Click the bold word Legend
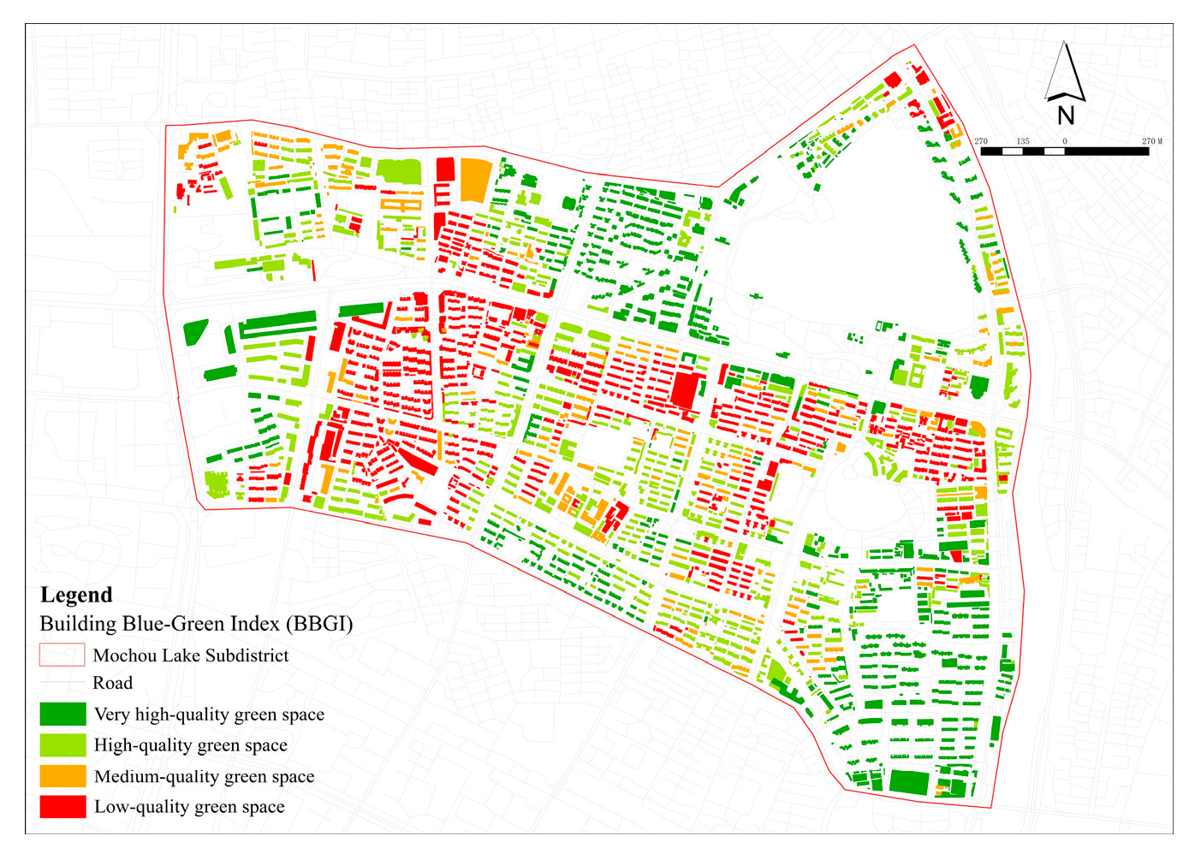[76, 596]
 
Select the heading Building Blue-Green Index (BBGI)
[196, 624]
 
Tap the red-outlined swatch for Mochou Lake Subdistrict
[62, 655]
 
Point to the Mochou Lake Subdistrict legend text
[191, 655]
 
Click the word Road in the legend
[113, 683]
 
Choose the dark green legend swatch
[62, 715]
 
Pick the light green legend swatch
[62, 745]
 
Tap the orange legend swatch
[62, 776]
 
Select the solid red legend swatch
[62, 807]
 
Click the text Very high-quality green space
[209, 715]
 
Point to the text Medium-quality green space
[204, 776]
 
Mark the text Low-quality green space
[189, 807]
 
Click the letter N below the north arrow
[1065, 116]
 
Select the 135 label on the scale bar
[1023, 141]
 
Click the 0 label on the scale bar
[1065, 141]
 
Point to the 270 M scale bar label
[1152, 141]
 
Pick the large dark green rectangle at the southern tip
[908, 782]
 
